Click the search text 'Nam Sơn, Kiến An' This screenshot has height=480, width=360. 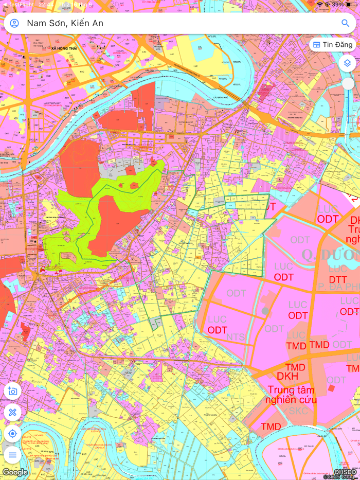[x=65, y=23]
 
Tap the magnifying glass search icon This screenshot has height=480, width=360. [x=345, y=23]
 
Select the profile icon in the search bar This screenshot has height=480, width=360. [x=14, y=23]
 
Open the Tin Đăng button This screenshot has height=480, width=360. [x=333, y=45]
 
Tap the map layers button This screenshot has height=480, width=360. [x=348, y=63]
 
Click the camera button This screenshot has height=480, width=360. [x=13, y=391]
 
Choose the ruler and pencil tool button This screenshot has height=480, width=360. [x=13, y=412]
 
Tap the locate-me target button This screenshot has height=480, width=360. [x=13, y=434]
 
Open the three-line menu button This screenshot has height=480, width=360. [x=13, y=455]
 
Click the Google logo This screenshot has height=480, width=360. [x=15, y=472]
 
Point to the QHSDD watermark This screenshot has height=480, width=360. [x=345, y=472]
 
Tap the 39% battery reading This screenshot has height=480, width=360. [x=337, y=4]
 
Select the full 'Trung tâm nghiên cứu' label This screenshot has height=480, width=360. [x=291, y=395]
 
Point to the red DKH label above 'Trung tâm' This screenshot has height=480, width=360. [x=287, y=377]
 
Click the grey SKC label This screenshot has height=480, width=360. [x=298, y=411]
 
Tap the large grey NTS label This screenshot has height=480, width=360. [x=236, y=337]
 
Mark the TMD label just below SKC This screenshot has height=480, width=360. [x=271, y=426]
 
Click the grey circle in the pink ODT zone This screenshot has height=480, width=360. [x=265, y=311]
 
